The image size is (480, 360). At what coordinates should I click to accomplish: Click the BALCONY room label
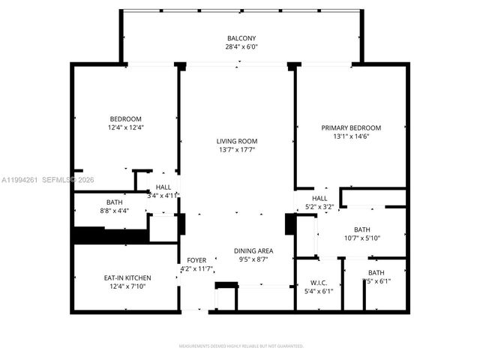click(x=241, y=38)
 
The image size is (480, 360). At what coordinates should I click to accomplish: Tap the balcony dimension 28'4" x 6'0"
click(x=241, y=46)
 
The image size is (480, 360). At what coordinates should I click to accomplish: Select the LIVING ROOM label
click(x=237, y=141)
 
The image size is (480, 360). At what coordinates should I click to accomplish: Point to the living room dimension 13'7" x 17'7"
click(x=237, y=149)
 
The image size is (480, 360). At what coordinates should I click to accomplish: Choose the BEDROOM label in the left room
click(x=126, y=118)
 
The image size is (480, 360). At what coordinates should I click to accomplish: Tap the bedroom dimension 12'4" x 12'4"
click(x=126, y=127)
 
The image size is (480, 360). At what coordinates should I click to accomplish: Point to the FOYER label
click(x=196, y=260)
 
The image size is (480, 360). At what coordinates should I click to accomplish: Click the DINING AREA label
click(x=253, y=251)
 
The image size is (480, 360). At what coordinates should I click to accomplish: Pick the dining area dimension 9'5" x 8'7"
click(x=253, y=259)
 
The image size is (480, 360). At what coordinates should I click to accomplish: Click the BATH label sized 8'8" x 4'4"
click(x=115, y=202)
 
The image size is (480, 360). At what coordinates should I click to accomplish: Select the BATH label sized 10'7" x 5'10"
click(x=361, y=229)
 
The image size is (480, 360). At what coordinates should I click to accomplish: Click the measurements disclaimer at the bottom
click(x=241, y=346)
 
